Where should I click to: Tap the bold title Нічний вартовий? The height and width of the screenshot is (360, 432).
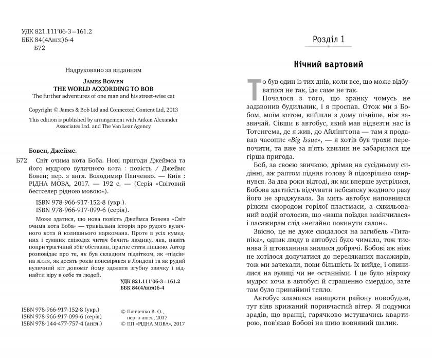click(x=329, y=65)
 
